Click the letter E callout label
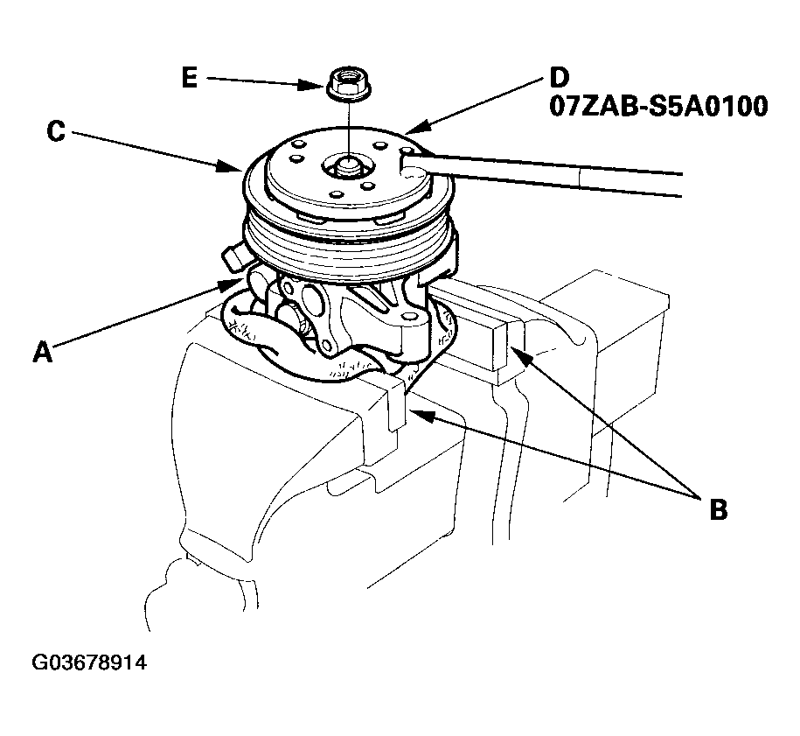coord(189,79)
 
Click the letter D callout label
coord(560,78)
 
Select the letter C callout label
coord(56,130)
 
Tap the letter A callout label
coord(43,352)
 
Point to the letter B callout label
coord(719,509)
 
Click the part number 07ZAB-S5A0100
coord(658,108)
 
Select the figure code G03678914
coord(89,662)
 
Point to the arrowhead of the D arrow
coord(417,127)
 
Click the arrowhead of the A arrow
coord(230,284)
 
